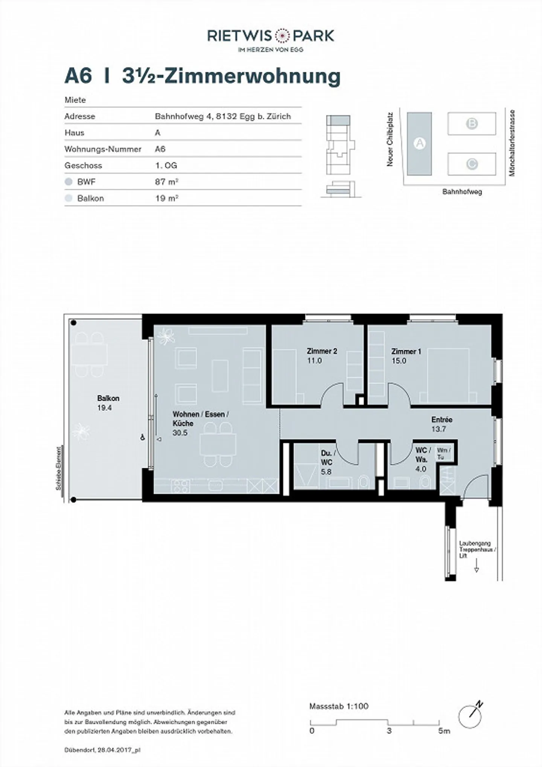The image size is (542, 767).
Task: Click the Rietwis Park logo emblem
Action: tap(282, 36)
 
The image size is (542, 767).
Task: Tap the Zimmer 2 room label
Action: tap(322, 356)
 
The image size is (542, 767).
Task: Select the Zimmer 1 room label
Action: tap(406, 356)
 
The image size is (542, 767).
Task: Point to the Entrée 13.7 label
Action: tap(442, 424)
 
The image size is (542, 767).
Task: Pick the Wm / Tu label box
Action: tap(443, 453)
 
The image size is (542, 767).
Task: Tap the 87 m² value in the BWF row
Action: tap(166, 182)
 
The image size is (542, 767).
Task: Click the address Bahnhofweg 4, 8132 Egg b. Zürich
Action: tap(223, 116)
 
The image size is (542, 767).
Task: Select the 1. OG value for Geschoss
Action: tap(166, 166)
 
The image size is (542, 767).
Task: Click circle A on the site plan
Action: tap(419, 143)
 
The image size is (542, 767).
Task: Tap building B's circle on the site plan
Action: tap(472, 123)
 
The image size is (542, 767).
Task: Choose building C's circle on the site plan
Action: tap(472, 164)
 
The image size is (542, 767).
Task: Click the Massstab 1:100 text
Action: tap(339, 706)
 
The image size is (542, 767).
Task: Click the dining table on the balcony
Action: tap(90, 354)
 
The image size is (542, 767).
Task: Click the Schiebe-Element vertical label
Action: tap(59, 468)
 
